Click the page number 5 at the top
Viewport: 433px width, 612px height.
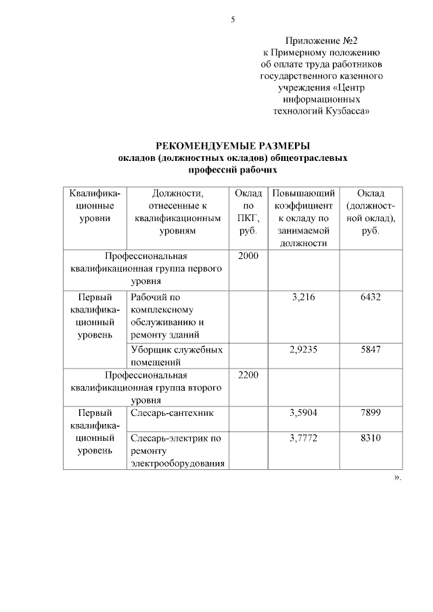pos(233,20)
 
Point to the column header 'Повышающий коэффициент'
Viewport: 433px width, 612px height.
pos(302,199)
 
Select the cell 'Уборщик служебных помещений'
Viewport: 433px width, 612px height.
pos(177,356)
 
